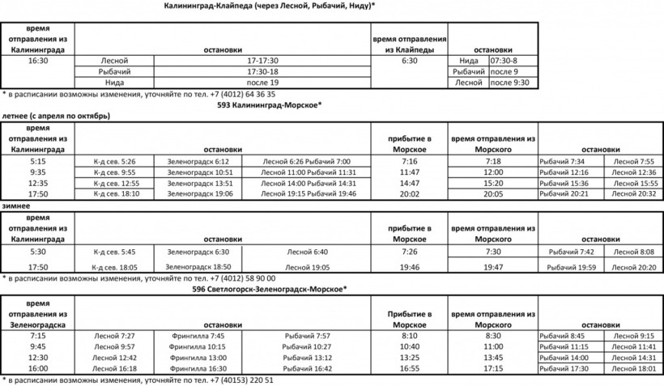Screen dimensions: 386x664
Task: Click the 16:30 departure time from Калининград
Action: coord(37,60)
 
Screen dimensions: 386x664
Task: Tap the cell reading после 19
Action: coord(262,82)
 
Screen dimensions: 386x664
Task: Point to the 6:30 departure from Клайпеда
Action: coord(409,60)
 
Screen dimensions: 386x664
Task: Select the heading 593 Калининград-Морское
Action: coord(269,104)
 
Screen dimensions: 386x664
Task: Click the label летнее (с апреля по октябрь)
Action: coord(56,116)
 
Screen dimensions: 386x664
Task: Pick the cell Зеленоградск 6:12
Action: coord(199,162)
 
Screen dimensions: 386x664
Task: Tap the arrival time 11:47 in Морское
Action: coord(409,172)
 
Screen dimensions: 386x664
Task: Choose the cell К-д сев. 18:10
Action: coord(114,193)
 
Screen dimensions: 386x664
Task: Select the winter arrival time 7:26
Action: coord(409,252)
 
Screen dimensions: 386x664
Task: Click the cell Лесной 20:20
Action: coord(634,267)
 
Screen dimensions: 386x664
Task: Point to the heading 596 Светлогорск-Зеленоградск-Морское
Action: coord(269,288)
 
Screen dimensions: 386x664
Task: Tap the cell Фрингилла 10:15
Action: coord(198,346)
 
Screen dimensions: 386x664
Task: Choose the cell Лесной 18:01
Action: coord(634,368)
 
